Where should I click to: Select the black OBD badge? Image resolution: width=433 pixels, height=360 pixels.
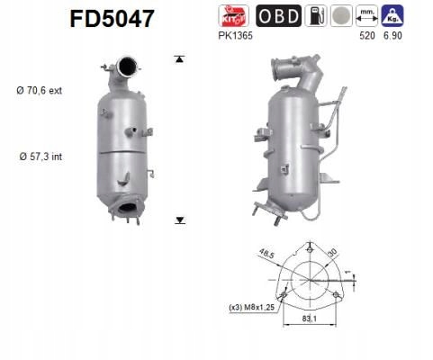point(279,15)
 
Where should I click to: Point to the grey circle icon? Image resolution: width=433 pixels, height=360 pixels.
point(341,15)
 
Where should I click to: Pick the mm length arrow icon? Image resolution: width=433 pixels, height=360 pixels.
point(368,15)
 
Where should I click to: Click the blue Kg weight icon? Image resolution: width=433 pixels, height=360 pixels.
point(393,15)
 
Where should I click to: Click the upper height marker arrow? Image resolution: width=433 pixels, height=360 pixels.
point(179,58)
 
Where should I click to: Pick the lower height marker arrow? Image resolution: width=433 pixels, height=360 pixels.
point(179,219)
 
